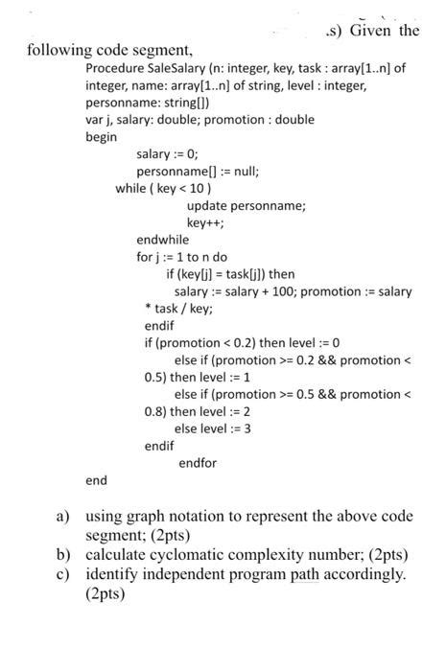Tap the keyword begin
click(x=101, y=137)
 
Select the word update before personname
click(x=207, y=205)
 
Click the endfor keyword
click(x=198, y=463)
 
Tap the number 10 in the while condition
click(x=195, y=189)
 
